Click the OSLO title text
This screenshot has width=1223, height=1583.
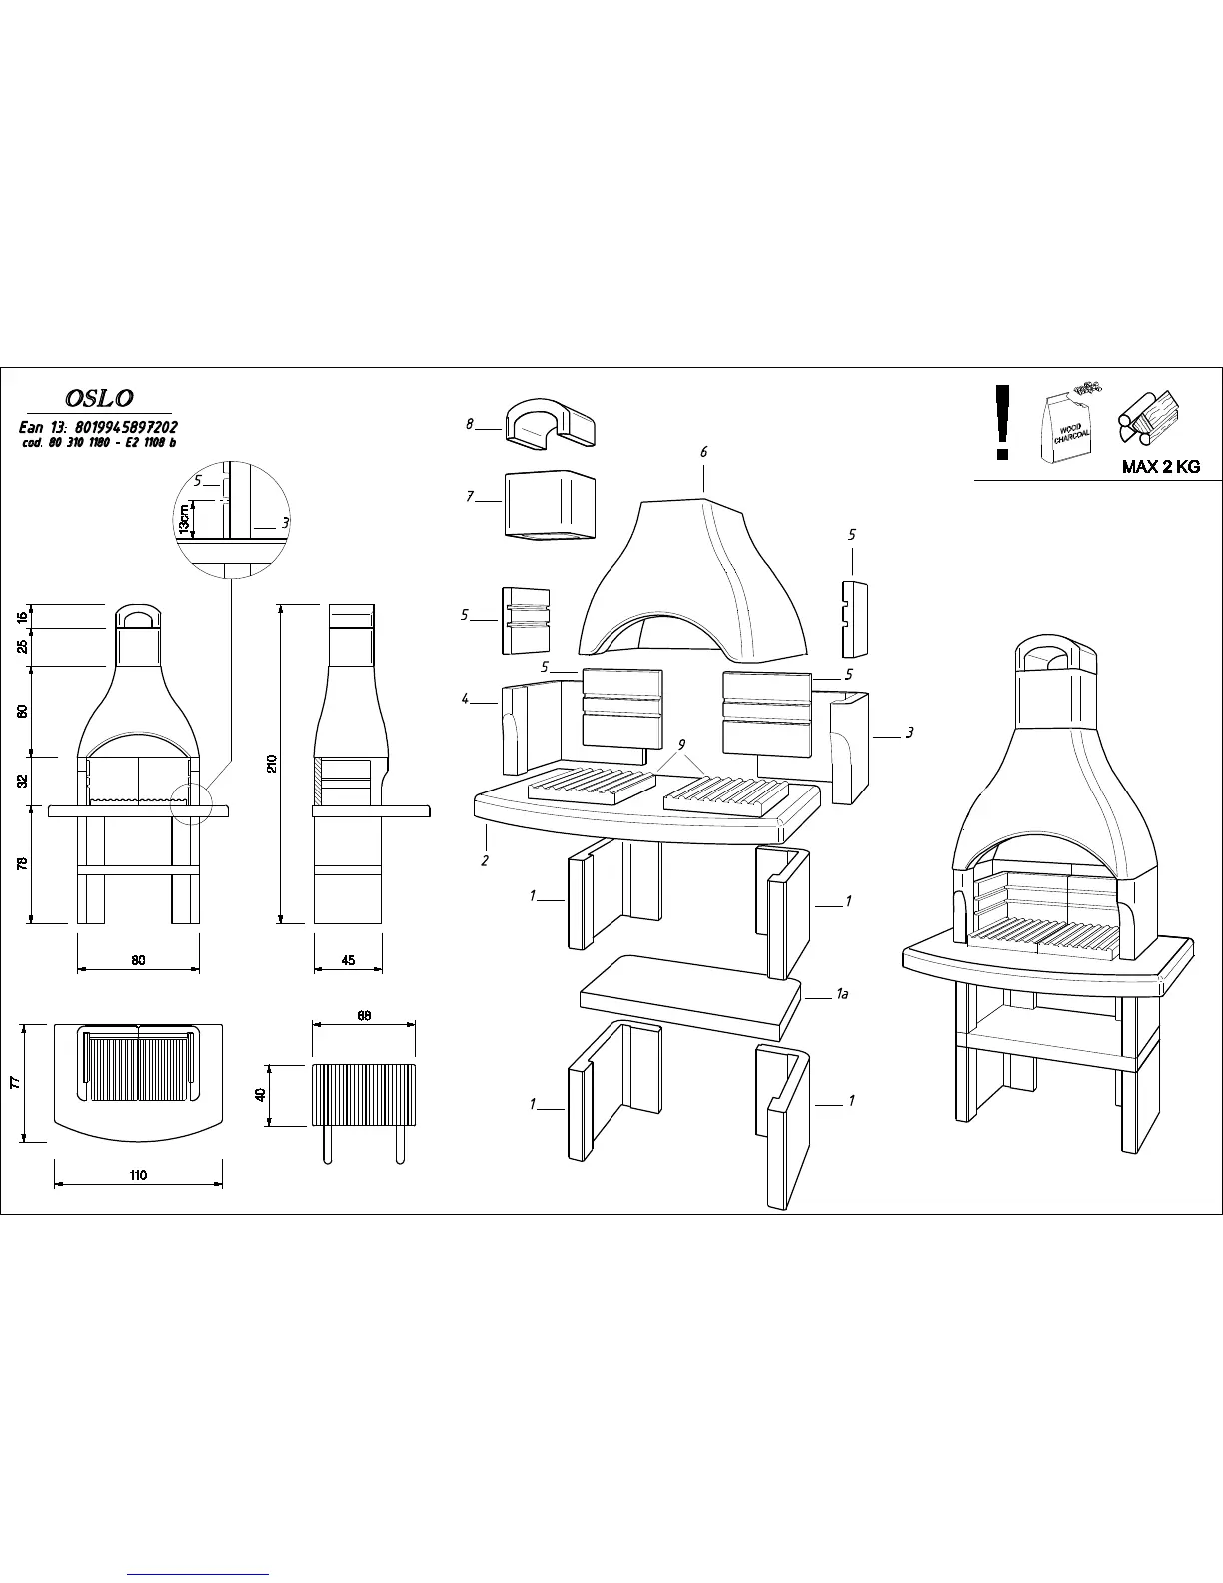coord(99,398)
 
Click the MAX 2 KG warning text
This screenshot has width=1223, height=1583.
coord(1161,467)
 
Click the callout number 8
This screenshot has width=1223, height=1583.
coord(469,424)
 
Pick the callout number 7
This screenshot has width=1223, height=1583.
coord(469,495)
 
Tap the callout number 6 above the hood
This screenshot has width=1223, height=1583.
coord(703,452)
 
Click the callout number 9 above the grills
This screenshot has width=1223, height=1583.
coord(681,744)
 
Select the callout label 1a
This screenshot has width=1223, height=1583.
coord(842,994)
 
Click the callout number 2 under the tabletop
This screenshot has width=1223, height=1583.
coord(485,860)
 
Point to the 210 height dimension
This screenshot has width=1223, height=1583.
coord(272,764)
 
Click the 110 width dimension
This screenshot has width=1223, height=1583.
coord(138,1175)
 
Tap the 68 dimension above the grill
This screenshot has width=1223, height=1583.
coord(364,1016)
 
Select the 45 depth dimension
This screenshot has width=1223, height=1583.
coord(348,960)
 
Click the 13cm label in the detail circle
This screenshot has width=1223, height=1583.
coord(184,519)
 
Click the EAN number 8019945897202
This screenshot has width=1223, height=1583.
coord(126,427)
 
